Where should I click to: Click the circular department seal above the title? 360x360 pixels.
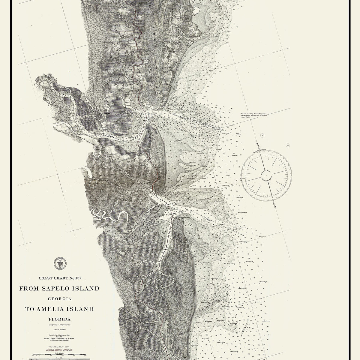click(x=59, y=263)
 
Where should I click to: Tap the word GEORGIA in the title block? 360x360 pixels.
click(x=59, y=299)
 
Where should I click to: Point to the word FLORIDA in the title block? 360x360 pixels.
click(x=59, y=319)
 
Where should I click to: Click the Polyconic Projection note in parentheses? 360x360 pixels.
click(x=59, y=325)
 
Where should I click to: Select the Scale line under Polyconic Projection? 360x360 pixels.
click(x=59, y=330)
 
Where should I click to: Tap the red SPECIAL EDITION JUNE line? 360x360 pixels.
click(x=59, y=350)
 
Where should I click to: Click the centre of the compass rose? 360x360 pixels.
click(x=267, y=174)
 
